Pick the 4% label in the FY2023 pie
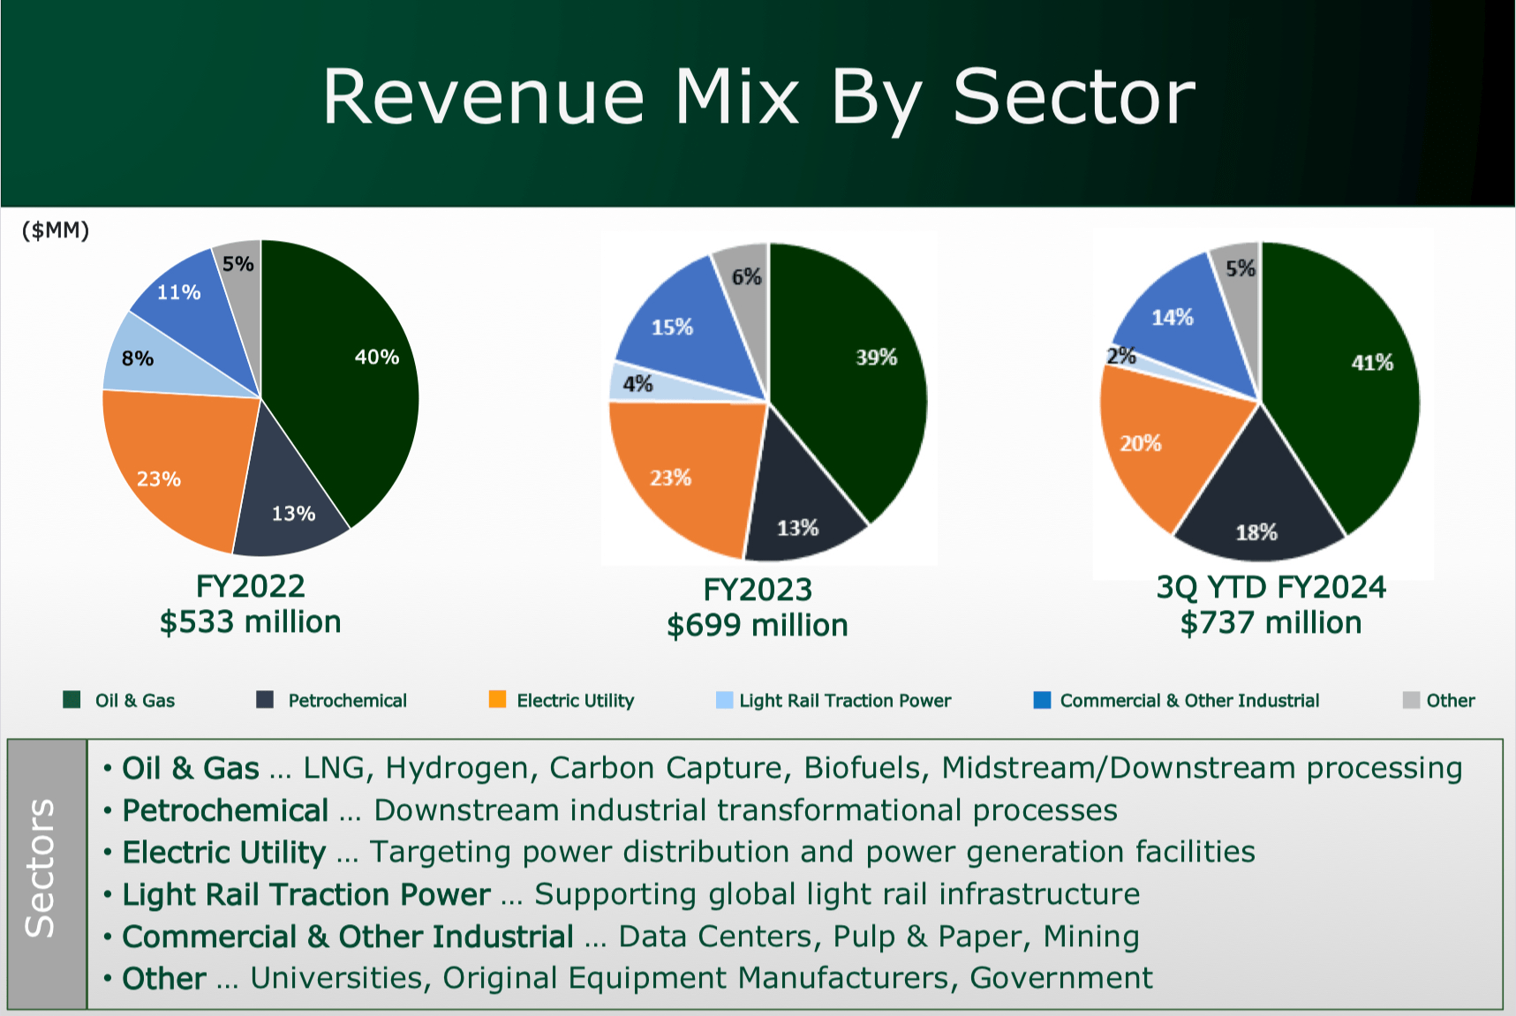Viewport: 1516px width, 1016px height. [x=637, y=384]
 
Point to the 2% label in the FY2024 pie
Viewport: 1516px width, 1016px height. [x=1121, y=356]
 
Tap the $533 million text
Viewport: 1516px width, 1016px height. [x=250, y=622]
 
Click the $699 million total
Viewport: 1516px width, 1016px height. [x=757, y=626]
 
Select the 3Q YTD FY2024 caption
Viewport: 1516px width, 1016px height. [x=1271, y=587]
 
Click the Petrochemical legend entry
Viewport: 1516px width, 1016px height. [x=347, y=701]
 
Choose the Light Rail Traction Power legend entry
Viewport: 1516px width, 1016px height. [x=844, y=701]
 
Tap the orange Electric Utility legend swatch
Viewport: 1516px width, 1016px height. [x=498, y=700]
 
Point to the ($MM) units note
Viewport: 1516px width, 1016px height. [x=56, y=231]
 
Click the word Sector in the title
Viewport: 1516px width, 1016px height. [x=1073, y=97]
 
